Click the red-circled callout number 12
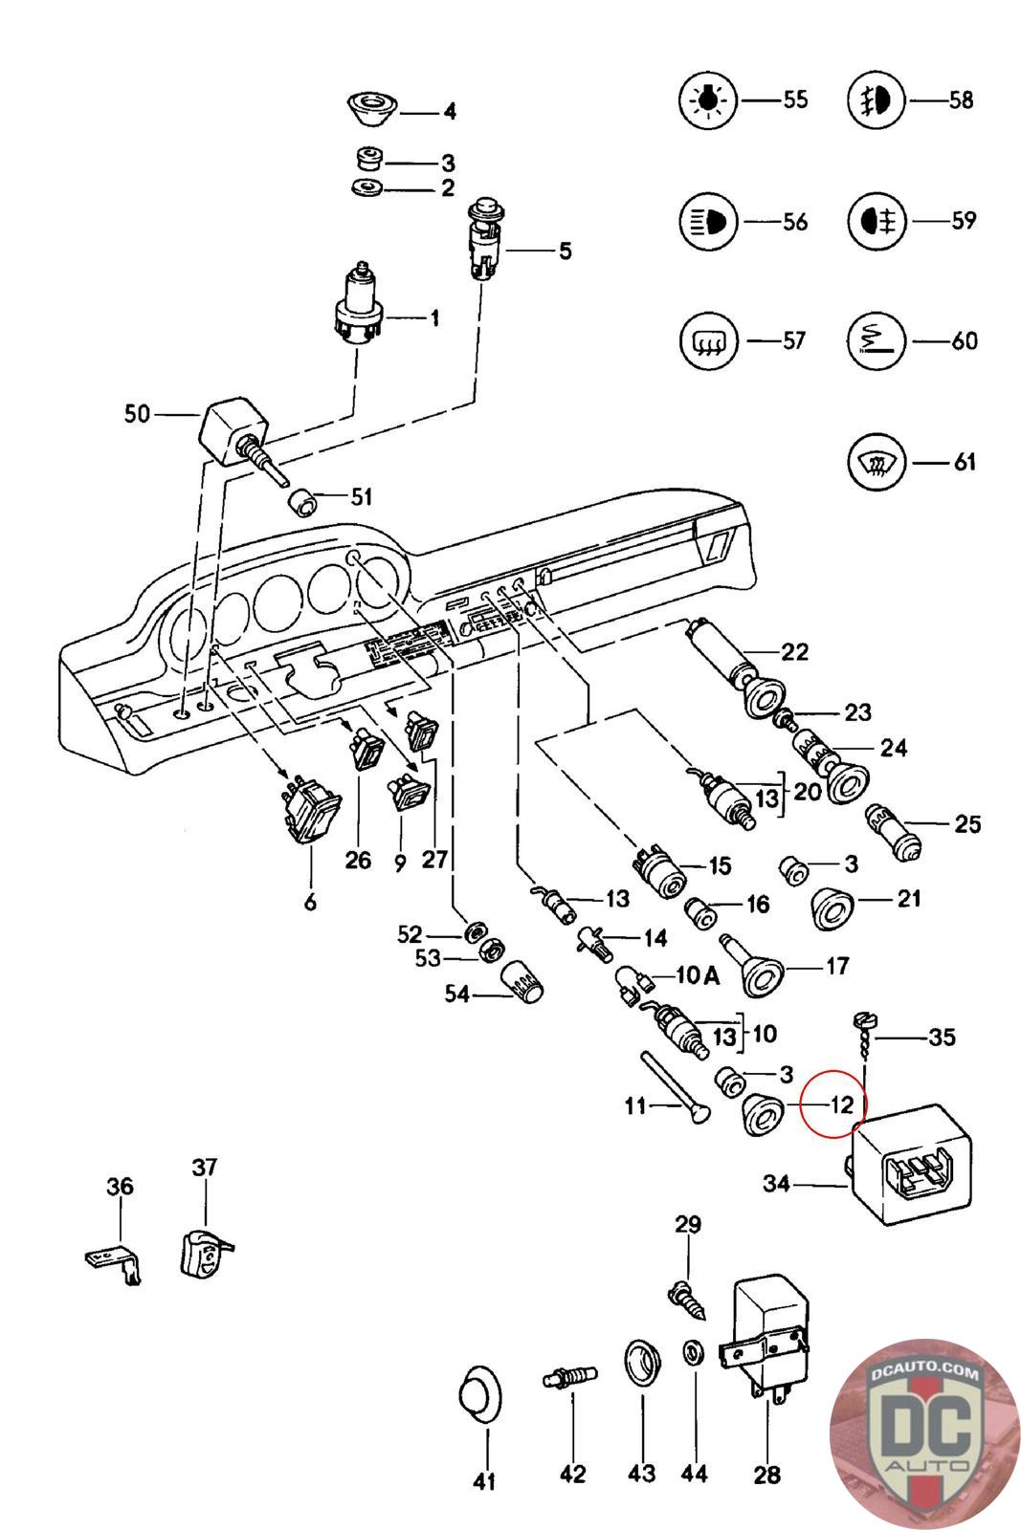(840, 1105)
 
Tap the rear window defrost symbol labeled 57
(707, 341)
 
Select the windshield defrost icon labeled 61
(877, 464)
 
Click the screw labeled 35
(861, 1037)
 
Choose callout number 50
(138, 414)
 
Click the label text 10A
(698, 975)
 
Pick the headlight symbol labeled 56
(707, 222)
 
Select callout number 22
(794, 652)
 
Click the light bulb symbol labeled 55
(707, 99)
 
